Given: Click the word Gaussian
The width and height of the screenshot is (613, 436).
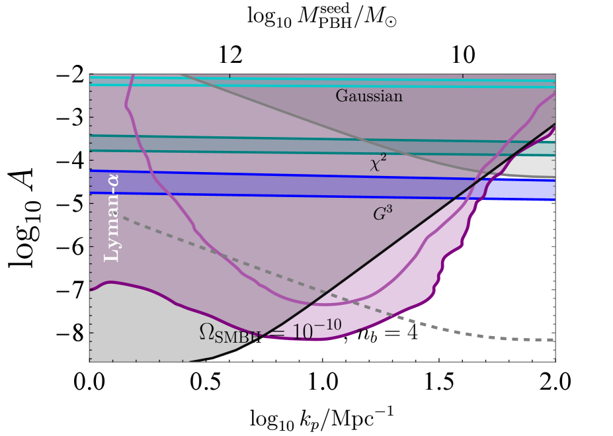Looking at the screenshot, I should click(x=368, y=97).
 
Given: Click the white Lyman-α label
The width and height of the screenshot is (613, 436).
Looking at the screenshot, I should click(x=112, y=218).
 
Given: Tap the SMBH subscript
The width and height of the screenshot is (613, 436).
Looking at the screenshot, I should click(x=235, y=337).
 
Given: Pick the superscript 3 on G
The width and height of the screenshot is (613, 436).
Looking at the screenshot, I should click(x=389, y=208).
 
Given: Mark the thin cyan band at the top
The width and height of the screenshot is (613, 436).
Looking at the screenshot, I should click(x=265, y=81).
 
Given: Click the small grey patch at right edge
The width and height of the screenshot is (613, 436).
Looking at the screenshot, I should click(x=544, y=169).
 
